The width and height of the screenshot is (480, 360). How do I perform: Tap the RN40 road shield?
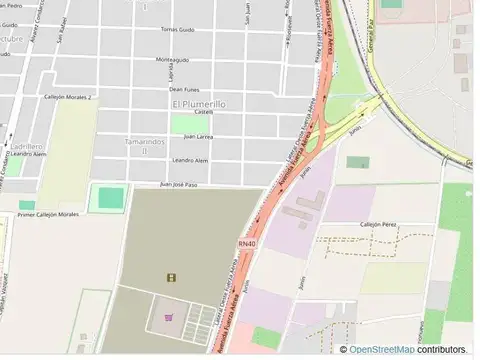click(x=248, y=243)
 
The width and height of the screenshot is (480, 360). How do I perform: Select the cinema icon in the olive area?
click(x=171, y=277)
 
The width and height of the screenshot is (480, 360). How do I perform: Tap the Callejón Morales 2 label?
click(x=64, y=97)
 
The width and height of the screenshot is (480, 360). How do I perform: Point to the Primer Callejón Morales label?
click(x=48, y=214)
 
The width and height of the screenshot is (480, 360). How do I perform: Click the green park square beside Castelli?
click(x=182, y=124)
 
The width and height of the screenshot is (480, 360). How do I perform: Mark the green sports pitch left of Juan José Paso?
click(x=104, y=197)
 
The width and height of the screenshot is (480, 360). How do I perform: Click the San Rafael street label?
click(x=63, y=24)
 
